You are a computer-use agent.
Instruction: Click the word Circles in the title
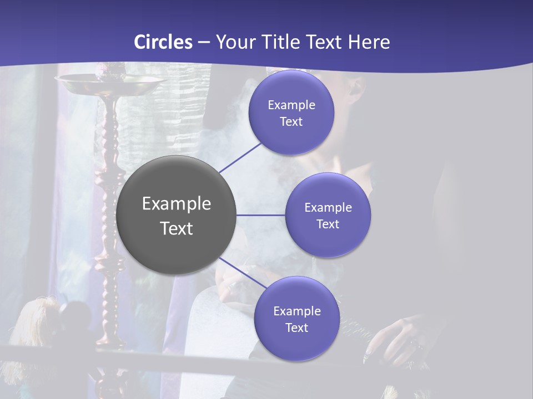tap(163, 42)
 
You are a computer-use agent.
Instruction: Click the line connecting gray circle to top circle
tap(241, 157)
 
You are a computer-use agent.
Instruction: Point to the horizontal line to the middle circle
tap(261, 215)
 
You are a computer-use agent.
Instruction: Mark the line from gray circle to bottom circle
tap(243, 273)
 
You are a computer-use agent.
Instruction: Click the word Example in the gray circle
tap(177, 204)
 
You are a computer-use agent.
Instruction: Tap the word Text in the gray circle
tap(177, 228)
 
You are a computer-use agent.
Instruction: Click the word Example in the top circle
tap(291, 105)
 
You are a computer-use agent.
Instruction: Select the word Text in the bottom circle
tap(296, 328)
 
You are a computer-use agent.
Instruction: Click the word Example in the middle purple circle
tap(328, 207)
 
